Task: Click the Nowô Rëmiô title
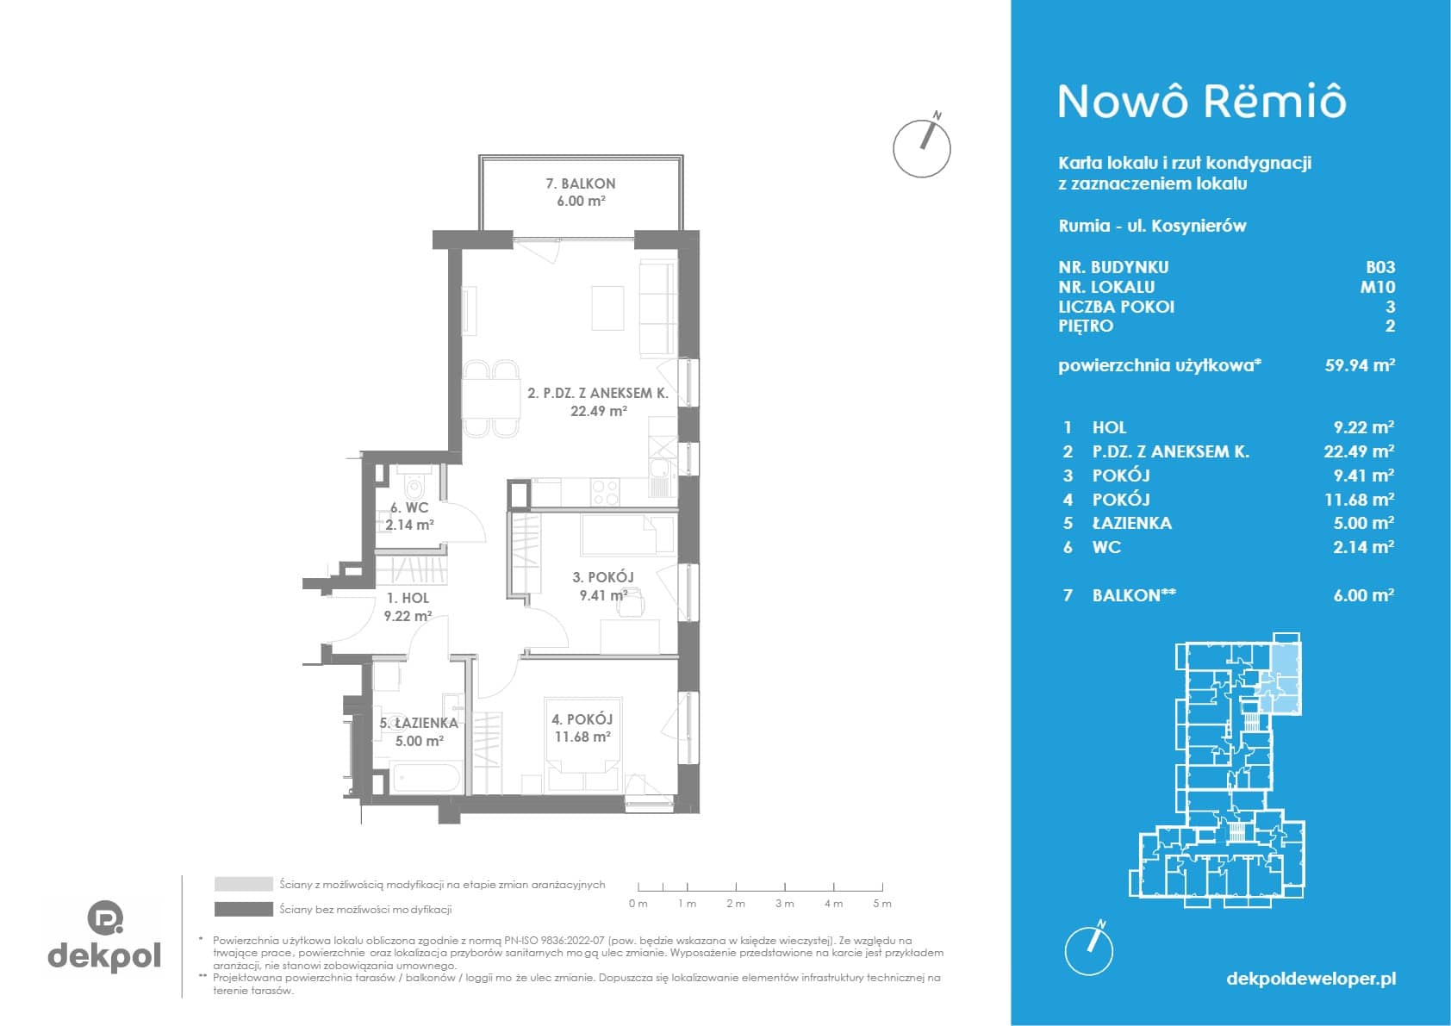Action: point(1202,102)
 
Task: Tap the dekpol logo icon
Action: point(105,917)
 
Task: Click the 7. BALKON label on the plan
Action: point(581,184)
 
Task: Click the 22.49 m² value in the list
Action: point(1358,451)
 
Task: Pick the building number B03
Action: point(1380,267)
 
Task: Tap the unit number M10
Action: point(1378,287)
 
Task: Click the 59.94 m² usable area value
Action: point(1360,364)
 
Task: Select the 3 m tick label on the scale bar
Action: point(784,904)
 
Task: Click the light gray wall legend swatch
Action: point(244,884)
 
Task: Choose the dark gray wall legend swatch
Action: point(244,910)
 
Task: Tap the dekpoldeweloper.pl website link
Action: point(1311,979)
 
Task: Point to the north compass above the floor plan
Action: point(922,146)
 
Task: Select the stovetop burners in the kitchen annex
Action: point(605,492)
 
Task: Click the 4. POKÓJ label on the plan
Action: point(582,719)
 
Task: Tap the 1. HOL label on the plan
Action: point(408,598)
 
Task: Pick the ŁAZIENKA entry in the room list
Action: point(1131,523)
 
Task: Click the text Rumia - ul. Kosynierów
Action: point(1152,226)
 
